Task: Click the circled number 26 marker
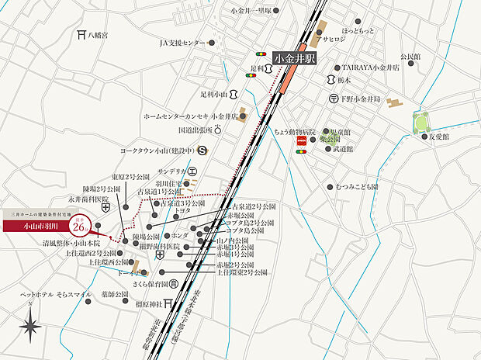78,227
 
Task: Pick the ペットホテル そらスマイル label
55,295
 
